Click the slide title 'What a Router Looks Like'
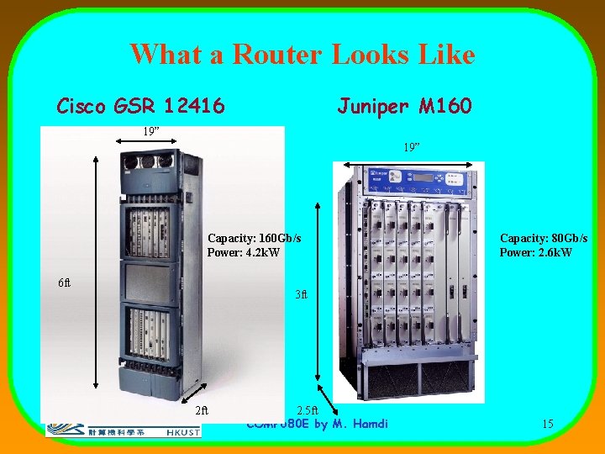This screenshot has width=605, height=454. tap(302, 55)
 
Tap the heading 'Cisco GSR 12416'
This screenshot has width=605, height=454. tap(140, 106)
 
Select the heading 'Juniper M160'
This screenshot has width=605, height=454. tap(404, 106)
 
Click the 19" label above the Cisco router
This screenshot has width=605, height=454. tap(150, 131)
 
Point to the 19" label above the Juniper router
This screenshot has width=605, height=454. tap(411, 147)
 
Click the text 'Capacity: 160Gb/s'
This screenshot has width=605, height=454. tap(254, 239)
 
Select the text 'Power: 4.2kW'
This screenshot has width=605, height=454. tap(243, 252)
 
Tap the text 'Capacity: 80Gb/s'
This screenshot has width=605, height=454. tap(543, 239)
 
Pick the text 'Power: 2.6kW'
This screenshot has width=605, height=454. tap(535, 252)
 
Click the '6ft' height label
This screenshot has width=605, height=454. tap(65, 282)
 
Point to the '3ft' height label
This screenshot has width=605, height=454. tap(301, 295)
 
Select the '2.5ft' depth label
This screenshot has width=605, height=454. tap(308, 410)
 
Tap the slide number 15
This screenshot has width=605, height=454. tap(547, 424)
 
